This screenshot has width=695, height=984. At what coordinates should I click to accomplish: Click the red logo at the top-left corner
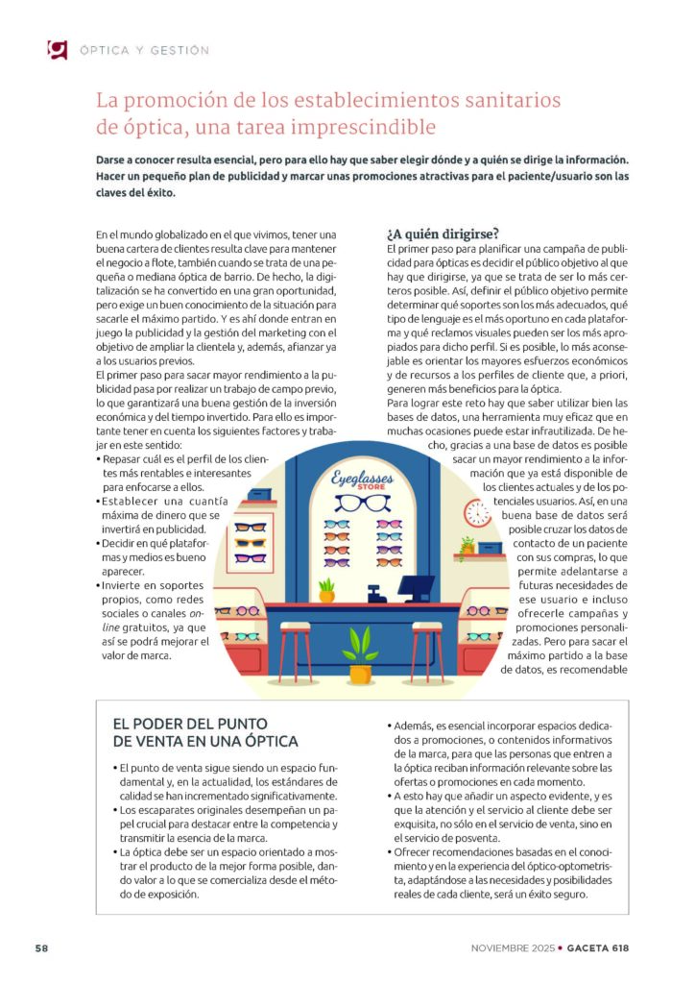[x=57, y=49]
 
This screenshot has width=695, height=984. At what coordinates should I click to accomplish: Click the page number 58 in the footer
[x=42, y=947]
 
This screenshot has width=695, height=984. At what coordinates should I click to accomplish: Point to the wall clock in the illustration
[x=476, y=512]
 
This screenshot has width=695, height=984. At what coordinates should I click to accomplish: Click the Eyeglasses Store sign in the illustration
[x=362, y=478]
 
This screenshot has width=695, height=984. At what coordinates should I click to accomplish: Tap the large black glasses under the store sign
[x=362, y=503]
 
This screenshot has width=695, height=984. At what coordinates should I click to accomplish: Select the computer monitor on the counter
[x=418, y=583]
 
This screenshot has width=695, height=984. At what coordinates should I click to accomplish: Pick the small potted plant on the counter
[x=326, y=589]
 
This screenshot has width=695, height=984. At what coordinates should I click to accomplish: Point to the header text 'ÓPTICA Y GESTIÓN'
[x=144, y=50]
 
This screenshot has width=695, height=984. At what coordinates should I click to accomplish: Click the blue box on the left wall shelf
[x=258, y=496]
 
